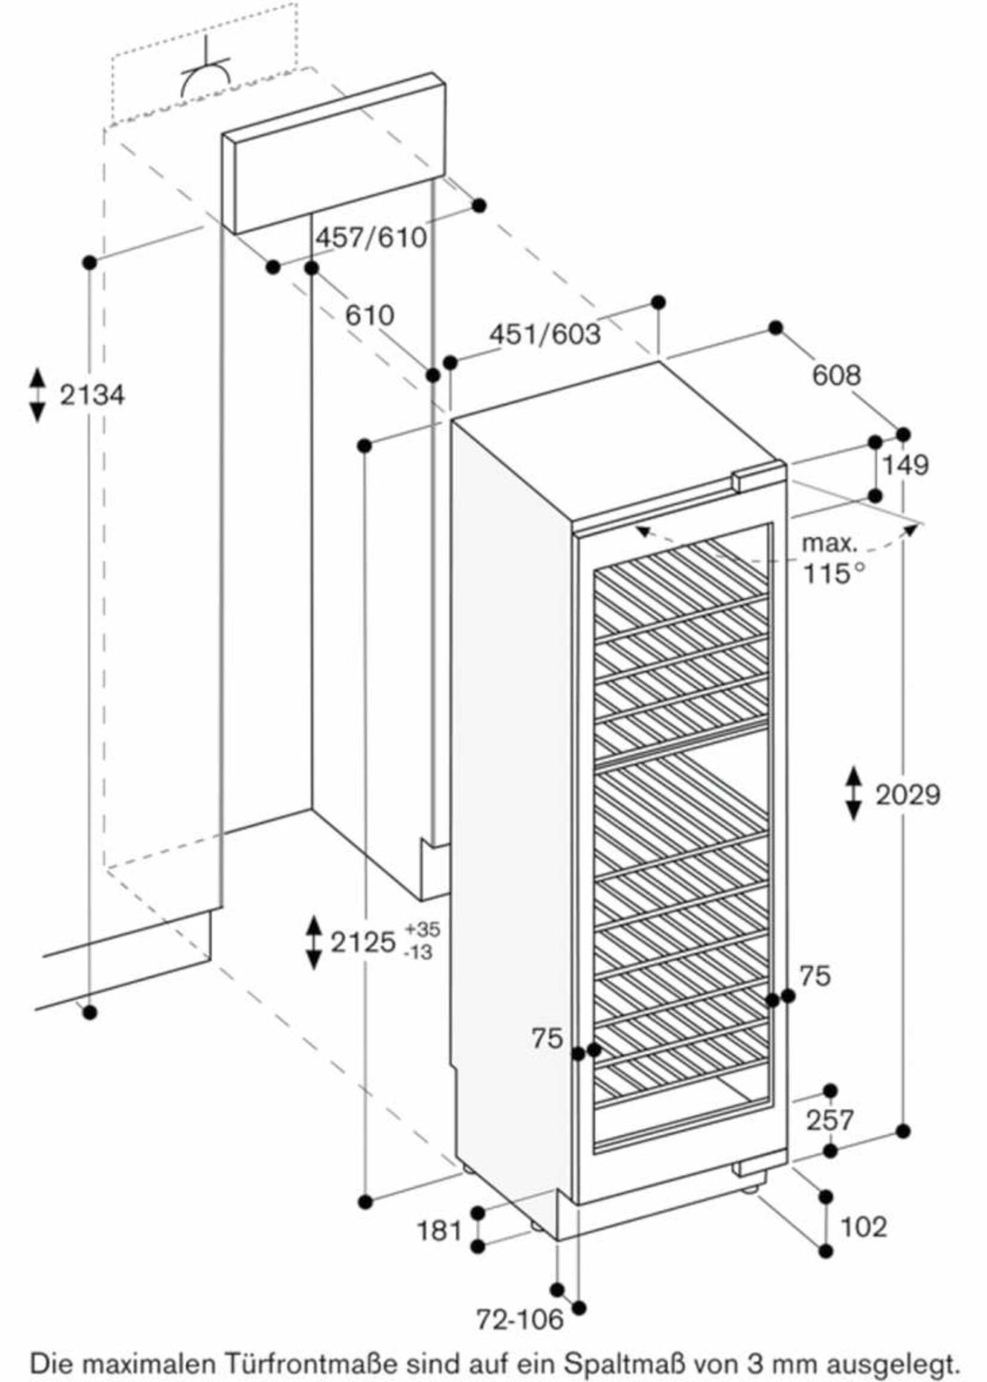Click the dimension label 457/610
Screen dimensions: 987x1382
tap(371, 238)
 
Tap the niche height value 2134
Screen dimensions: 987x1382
tap(93, 395)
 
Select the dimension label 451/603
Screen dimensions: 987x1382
tap(544, 333)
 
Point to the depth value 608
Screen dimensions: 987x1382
tap(836, 375)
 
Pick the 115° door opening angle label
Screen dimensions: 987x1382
tap(834, 572)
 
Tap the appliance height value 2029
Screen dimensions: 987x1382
tap(908, 794)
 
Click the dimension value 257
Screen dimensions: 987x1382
tap(830, 1120)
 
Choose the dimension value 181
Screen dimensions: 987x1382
tap(440, 1231)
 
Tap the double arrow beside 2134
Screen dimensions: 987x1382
tap(38, 395)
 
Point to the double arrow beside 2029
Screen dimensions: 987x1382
tap(854, 794)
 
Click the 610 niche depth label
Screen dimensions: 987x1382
tap(369, 315)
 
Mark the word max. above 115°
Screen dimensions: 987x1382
tap(829, 543)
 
